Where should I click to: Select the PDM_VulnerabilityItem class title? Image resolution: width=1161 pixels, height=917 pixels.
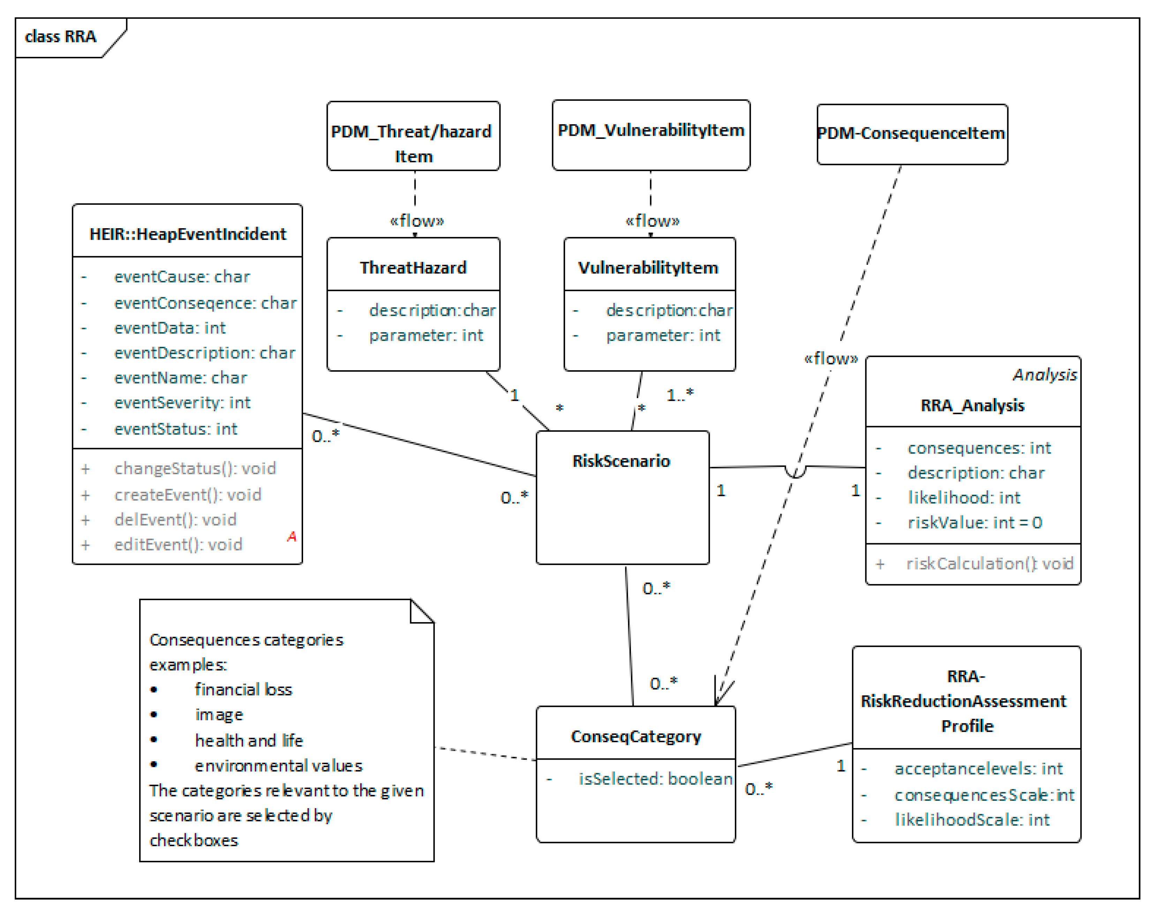pyautogui.click(x=651, y=131)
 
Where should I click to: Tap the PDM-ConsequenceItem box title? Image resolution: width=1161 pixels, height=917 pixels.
pyautogui.click(x=911, y=133)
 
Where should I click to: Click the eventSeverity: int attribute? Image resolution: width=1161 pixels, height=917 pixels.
pyautogui.click(x=182, y=403)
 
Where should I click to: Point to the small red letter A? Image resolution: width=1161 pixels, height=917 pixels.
pyautogui.click(x=291, y=536)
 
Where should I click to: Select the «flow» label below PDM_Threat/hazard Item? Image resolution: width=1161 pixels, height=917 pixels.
pyautogui.click(x=416, y=221)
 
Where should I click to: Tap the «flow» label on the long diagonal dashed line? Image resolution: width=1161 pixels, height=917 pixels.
pyautogui.click(x=830, y=359)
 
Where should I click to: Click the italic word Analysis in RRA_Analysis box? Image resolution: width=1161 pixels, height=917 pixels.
pyautogui.click(x=1044, y=375)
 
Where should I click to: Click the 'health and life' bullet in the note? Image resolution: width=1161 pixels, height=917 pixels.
pyautogui.click(x=249, y=740)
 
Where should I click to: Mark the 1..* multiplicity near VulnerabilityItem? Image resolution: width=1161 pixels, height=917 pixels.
pyautogui.click(x=680, y=395)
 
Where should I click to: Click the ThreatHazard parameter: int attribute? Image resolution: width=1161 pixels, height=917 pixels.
pyautogui.click(x=425, y=336)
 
